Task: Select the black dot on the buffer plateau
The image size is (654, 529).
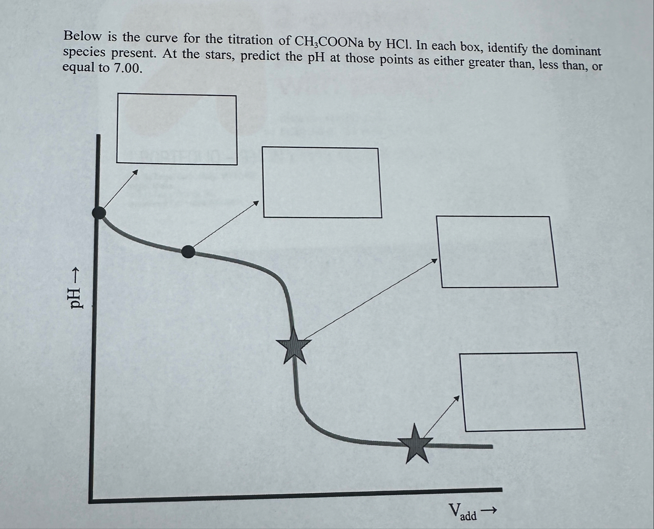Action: tap(188, 251)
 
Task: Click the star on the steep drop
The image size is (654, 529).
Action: tap(294, 345)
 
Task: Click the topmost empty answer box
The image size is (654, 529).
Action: tap(177, 129)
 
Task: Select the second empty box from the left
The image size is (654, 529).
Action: tap(322, 182)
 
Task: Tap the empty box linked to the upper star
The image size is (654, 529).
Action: tap(496, 251)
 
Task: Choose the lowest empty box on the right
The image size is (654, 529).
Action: tap(522, 391)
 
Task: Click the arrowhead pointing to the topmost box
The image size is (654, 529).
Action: tap(136, 172)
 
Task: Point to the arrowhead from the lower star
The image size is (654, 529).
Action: tap(457, 398)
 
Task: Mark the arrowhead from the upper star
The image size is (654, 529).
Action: tap(435, 260)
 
